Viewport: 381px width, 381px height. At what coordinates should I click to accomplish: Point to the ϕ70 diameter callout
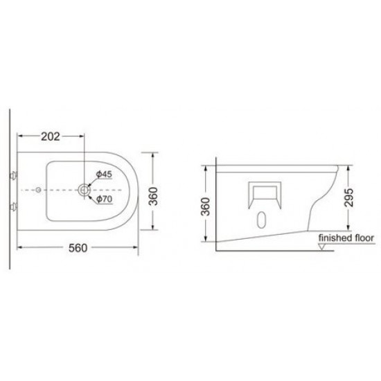click(104, 200)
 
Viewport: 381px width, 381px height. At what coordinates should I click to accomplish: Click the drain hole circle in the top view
click(84, 188)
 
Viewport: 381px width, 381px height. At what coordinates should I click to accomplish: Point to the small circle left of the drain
click(38, 189)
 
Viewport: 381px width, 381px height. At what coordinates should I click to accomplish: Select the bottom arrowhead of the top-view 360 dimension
click(153, 230)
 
